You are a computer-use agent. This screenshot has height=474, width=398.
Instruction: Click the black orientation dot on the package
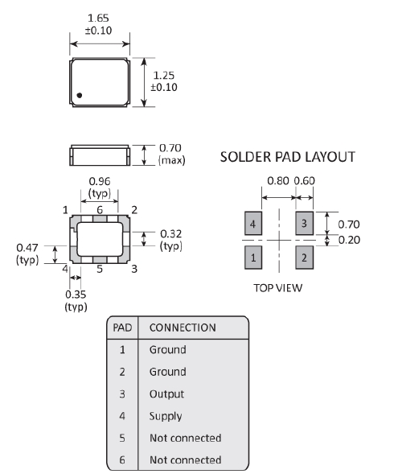pos(80,95)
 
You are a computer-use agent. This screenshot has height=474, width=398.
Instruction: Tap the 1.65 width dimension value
pos(98,19)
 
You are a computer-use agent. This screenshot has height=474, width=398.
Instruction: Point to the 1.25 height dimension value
pos(164,76)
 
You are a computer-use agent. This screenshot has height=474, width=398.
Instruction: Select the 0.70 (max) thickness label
pos(171,154)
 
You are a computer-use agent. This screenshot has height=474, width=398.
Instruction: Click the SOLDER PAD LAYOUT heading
pos(288,157)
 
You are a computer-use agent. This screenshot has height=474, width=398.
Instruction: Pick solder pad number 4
pos(253,224)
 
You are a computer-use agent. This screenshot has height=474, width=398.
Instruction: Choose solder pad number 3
pos(305,224)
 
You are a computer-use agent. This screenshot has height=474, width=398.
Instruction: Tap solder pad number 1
pos(253,258)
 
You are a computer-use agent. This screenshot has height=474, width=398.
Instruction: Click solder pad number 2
pos(305,258)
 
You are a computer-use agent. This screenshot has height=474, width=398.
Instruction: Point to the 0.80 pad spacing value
pos(278,181)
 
